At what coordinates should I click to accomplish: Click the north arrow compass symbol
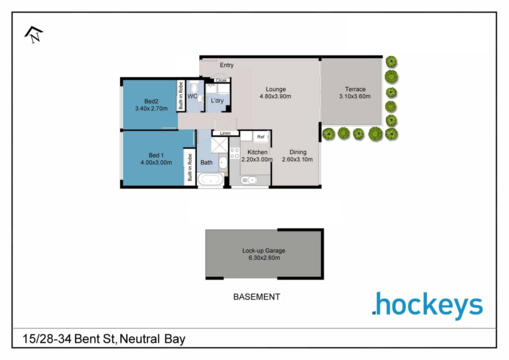point(34,35)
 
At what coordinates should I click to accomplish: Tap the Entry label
point(227,65)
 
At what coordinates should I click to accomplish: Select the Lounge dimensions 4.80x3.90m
point(275,96)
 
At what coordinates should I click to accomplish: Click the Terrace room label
point(355,89)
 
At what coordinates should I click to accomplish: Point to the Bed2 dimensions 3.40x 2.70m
point(151,109)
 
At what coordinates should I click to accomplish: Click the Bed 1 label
point(156,155)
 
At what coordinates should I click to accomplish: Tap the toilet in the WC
point(194,87)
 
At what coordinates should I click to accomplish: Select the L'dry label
point(217,100)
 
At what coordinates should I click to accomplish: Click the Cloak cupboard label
point(221,80)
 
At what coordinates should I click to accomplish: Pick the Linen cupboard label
point(225,133)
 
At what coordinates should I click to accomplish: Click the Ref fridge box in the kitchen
point(261,137)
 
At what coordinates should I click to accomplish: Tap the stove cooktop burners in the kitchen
point(235,153)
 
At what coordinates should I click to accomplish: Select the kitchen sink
point(249,180)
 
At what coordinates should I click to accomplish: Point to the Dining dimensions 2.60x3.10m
point(297,160)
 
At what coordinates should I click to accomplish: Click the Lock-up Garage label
point(263,251)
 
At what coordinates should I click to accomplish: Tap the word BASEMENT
point(257,297)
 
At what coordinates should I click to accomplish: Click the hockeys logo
point(427,305)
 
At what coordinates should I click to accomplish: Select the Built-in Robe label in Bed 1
point(190,167)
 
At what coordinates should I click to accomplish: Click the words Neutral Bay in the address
point(153,339)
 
